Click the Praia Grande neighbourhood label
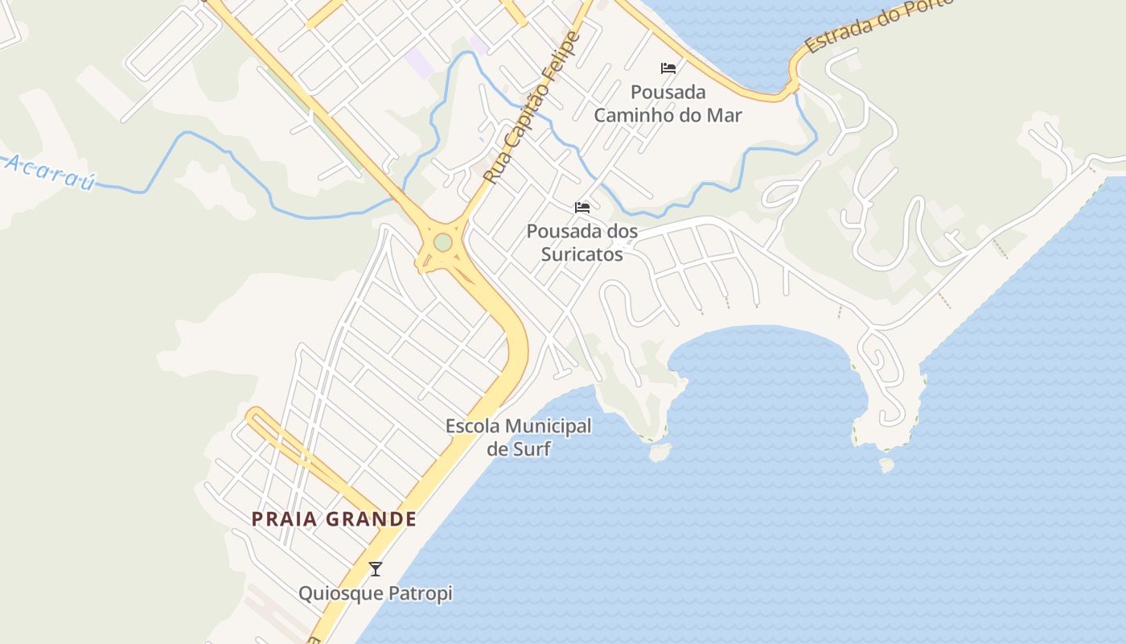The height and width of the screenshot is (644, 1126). [334, 519]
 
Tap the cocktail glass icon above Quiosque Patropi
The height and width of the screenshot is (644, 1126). [375, 569]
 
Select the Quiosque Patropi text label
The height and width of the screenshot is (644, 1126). [375, 594]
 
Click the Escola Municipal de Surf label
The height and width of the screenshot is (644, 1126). [519, 437]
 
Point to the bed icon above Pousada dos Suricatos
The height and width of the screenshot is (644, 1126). [582, 208]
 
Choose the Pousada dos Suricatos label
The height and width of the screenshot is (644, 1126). [582, 242]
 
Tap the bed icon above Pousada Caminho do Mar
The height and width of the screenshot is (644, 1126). [668, 68]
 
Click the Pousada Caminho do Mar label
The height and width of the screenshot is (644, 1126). [668, 103]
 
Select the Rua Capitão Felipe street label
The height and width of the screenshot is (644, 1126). [532, 108]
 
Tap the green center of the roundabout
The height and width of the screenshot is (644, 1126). [442, 242]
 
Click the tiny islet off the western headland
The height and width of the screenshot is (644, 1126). [660, 453]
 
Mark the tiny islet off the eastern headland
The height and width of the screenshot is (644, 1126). [886, 464]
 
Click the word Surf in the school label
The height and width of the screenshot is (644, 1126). [532, 449]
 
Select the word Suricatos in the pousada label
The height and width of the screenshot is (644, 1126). [582, 254]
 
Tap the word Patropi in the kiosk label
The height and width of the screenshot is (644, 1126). [420, 594]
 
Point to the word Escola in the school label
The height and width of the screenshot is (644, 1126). [472, 426]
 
